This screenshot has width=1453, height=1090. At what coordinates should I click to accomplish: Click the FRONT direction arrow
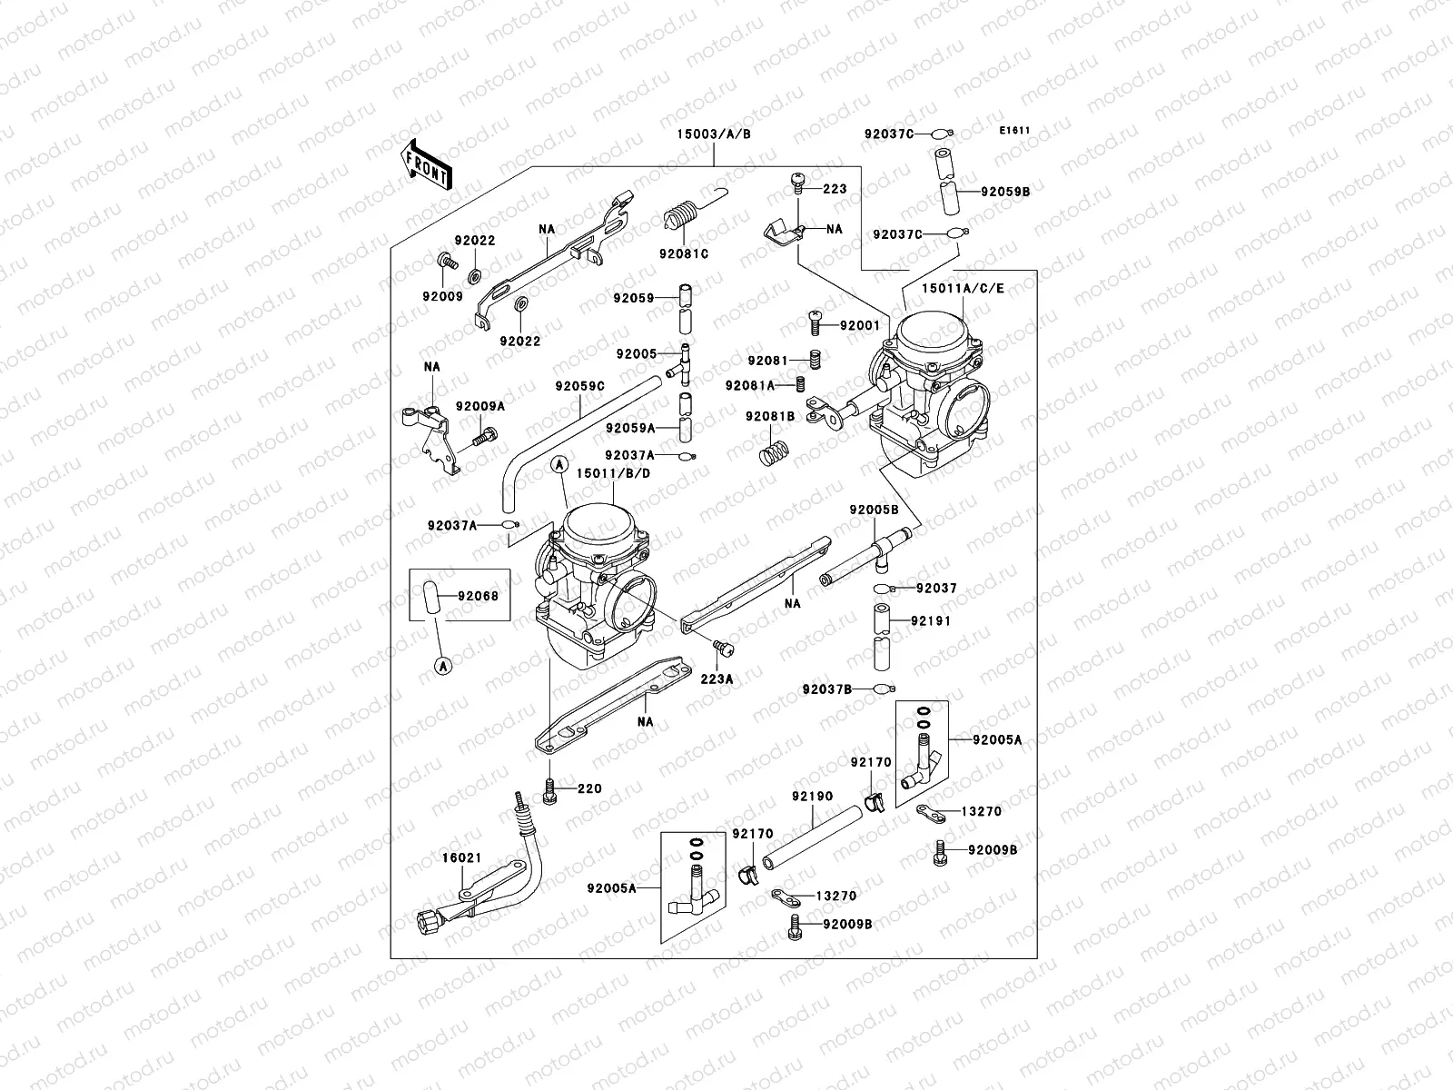coord(428,163)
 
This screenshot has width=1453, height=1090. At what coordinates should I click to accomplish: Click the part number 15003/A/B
coord(713,134)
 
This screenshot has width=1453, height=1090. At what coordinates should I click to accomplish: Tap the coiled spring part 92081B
coord(773,448)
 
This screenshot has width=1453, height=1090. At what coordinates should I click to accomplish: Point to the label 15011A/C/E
coord(964,288)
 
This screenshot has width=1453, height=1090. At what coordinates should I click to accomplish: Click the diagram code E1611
coord(1014,131)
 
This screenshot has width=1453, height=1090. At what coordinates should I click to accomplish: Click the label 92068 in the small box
coord(478,596)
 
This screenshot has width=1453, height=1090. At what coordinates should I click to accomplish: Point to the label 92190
coord(811,796)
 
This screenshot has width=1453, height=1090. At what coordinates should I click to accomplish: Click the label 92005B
coord(874,510)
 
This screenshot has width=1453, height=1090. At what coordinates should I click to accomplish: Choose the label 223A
coord(717,678)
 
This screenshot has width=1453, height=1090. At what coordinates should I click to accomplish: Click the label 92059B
coord(1005,192)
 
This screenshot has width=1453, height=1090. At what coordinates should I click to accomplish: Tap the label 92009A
coord(479,406)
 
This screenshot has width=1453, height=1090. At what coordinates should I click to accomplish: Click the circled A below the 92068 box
coord(443,668)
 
